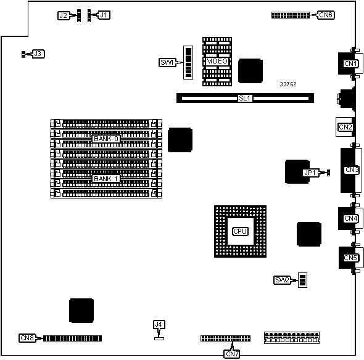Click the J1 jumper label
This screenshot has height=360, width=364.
click(103, 15)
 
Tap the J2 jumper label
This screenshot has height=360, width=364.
click(63, 15)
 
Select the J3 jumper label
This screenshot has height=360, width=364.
click(38, 54)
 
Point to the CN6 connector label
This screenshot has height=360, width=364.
click(326, 15)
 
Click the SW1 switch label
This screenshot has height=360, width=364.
click(167, 62)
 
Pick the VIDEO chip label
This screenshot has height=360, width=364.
click(217, 61)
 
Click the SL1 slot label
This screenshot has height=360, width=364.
click(245, 98)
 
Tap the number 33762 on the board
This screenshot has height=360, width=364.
click(288, 84)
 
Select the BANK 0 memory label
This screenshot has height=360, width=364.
click(106, 139)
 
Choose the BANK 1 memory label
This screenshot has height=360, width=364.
click(106, 179)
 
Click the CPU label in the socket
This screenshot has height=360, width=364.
click(240, 231)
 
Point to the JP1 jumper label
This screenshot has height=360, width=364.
click(310, 173)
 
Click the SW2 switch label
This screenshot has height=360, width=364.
click(283, 280)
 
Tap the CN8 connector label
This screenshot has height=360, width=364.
click(27, 338)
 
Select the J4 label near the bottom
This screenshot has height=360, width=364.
click(159, 324)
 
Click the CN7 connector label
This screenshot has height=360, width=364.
click(232, 354)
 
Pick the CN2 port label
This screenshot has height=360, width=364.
click(345, 127)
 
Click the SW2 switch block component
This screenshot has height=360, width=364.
click(302, 280)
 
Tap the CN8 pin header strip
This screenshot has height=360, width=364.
click(72, 338)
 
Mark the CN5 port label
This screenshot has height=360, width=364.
click(350, 258)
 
